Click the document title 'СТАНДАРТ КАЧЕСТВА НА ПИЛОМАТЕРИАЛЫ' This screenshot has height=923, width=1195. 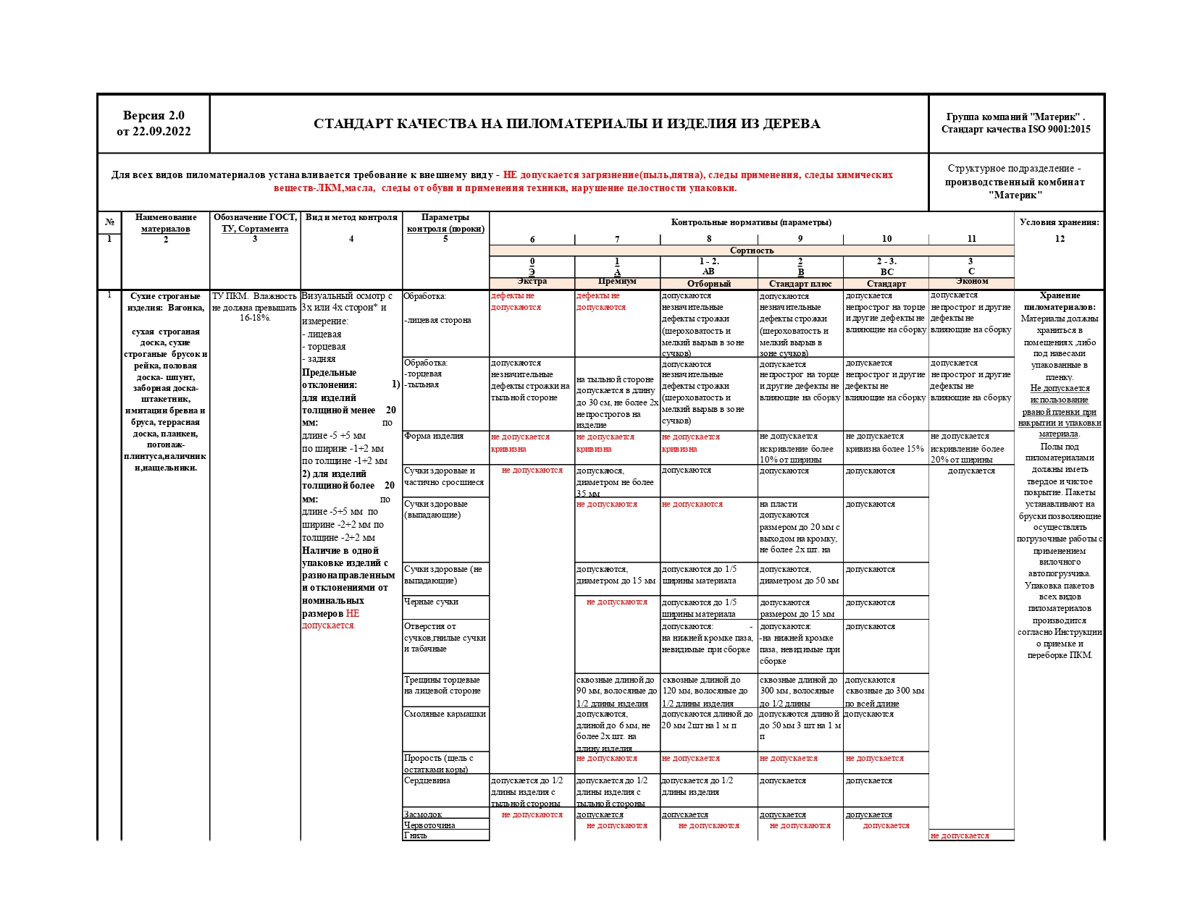click(566, 124)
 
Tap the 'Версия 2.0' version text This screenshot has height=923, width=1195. click(154, 116)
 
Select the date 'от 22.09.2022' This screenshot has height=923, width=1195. click(154, 132)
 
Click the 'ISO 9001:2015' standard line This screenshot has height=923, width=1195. click(1015, 130)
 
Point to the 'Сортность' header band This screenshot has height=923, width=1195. click(751, 250)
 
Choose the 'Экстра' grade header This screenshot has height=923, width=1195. click(532, 282)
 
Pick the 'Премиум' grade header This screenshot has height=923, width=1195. click(617, 282)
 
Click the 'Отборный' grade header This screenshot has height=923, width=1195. click(708, 284)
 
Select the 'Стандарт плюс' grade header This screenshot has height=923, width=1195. click(800, 284)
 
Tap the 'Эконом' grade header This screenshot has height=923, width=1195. click(971, 282)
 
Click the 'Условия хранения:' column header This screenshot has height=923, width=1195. click(1059, 222)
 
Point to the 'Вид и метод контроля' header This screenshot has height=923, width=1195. click(351, 217)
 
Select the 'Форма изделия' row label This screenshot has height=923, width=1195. click(434, 436)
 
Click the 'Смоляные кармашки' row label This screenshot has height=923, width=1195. click(445, 714)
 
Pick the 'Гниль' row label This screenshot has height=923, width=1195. click(416, 835)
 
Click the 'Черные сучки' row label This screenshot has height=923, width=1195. click(432, 602)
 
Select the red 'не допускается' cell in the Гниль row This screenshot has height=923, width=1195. click(960, 835)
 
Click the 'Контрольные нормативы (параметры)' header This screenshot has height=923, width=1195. click(751, 222)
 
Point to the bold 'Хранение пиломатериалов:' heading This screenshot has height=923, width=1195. click(1059, 301)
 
